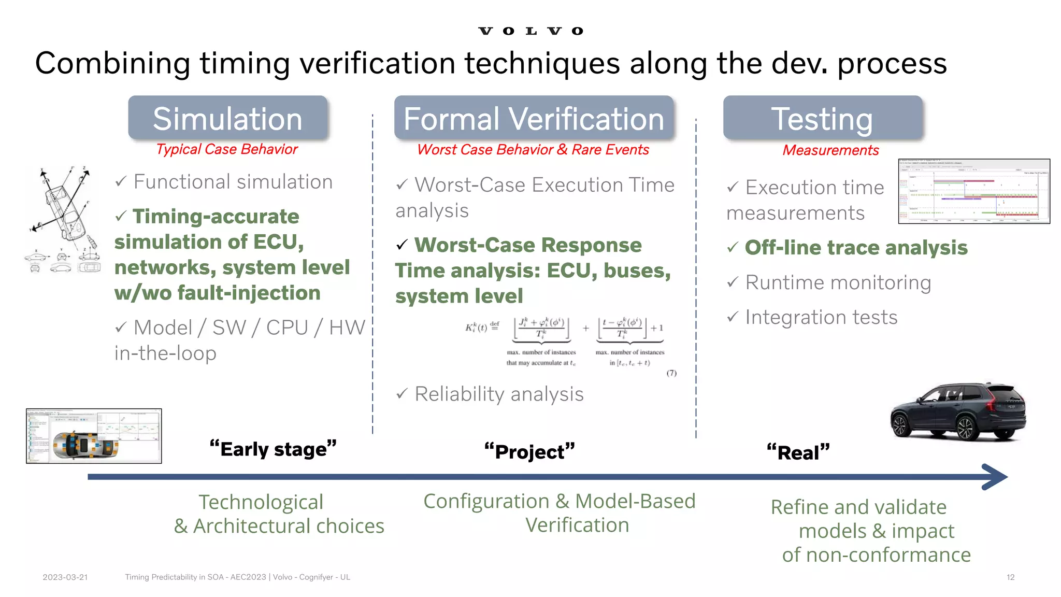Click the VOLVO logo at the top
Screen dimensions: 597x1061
pos(530,31)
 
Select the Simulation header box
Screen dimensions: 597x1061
pos(227,118)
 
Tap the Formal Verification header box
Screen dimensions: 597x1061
pos(534,118)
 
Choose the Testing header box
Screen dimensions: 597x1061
pos(822,118)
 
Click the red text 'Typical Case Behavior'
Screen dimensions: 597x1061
pos(227,149)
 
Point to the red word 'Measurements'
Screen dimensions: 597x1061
pos(830,150)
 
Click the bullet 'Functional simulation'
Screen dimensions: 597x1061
pos(233,182)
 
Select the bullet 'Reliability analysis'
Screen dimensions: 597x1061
pos(498,394)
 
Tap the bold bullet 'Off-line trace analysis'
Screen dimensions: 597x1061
pos(856,248)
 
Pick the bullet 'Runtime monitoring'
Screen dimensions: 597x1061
pos(838,282)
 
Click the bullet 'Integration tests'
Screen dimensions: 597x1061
pos(821,317)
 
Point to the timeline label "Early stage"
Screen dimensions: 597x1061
pos(273,449)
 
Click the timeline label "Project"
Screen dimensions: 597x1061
pos(529,451)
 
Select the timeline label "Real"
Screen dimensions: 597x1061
pos(798,452)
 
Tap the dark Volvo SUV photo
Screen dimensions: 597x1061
pos(957,412)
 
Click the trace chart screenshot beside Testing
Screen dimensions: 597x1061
pos(974,191)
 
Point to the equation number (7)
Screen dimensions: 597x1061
pos(671,373)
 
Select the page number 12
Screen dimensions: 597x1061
pos(1010,577)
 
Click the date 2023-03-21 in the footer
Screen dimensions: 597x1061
pos(65,577)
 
